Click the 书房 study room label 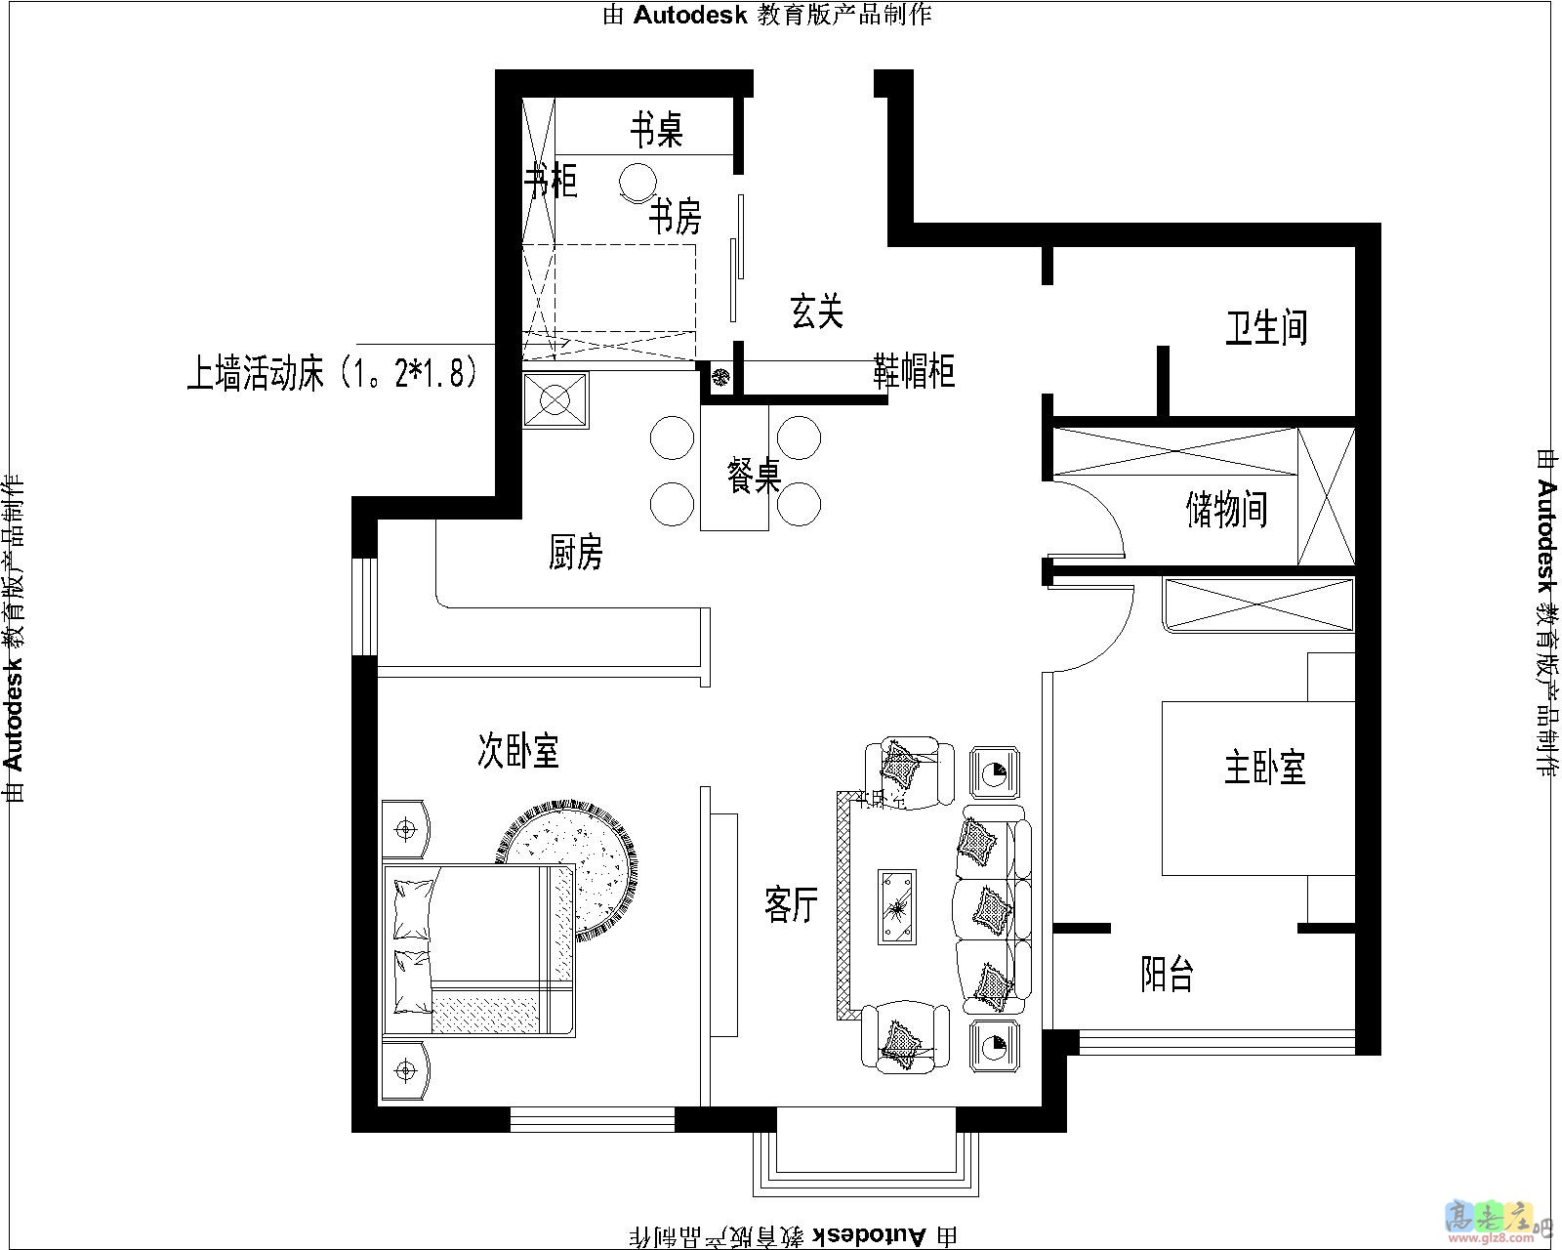(x=676, y=216)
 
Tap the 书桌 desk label (x=655, y=129)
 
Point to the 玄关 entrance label (x=816, y=312)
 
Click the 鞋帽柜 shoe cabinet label (x=915, y=371)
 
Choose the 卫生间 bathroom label (x=1266, y=327)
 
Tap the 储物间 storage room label (x=1227, y=509)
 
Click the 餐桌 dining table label (x=754, y=477)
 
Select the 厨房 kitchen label (x=576, y=552)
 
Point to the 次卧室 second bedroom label (x=517, y=750)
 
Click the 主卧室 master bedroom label (x=1264, y=767)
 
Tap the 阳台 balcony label (x=1167, y=974)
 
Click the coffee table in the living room (x=896, y=906)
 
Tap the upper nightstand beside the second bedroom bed (x=405, y=829)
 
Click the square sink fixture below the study (x=555, y=399)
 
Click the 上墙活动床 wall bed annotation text (x=332, y=373)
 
